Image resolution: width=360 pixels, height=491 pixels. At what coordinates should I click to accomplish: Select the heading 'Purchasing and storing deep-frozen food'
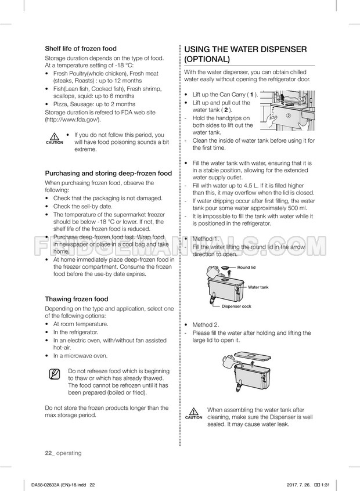109,173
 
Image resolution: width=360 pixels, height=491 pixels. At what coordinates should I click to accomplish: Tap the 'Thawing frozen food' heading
77,299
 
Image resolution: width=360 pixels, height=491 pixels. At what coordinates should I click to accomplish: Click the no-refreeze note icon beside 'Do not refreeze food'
55,374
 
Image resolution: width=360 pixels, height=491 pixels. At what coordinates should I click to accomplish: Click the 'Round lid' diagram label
246,267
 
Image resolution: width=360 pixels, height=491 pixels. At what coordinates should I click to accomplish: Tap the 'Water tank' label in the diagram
258,287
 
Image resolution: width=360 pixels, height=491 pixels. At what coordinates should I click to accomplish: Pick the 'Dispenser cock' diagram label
236,306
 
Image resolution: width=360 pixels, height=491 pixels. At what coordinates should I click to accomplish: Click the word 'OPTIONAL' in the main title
207,59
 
